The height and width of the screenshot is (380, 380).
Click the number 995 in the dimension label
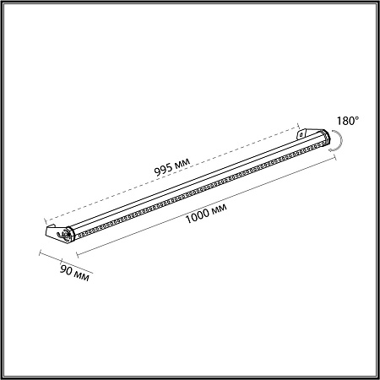pos(163,170)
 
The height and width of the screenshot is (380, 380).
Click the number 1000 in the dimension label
pos(198,216)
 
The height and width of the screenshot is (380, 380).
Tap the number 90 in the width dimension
pos(67,270)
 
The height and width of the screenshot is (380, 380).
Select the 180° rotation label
pos(348,121)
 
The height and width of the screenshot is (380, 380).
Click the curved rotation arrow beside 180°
pos(341,141)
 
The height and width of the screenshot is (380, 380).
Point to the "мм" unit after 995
pos(182,163)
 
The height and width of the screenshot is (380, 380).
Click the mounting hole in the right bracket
pos(301,135)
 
